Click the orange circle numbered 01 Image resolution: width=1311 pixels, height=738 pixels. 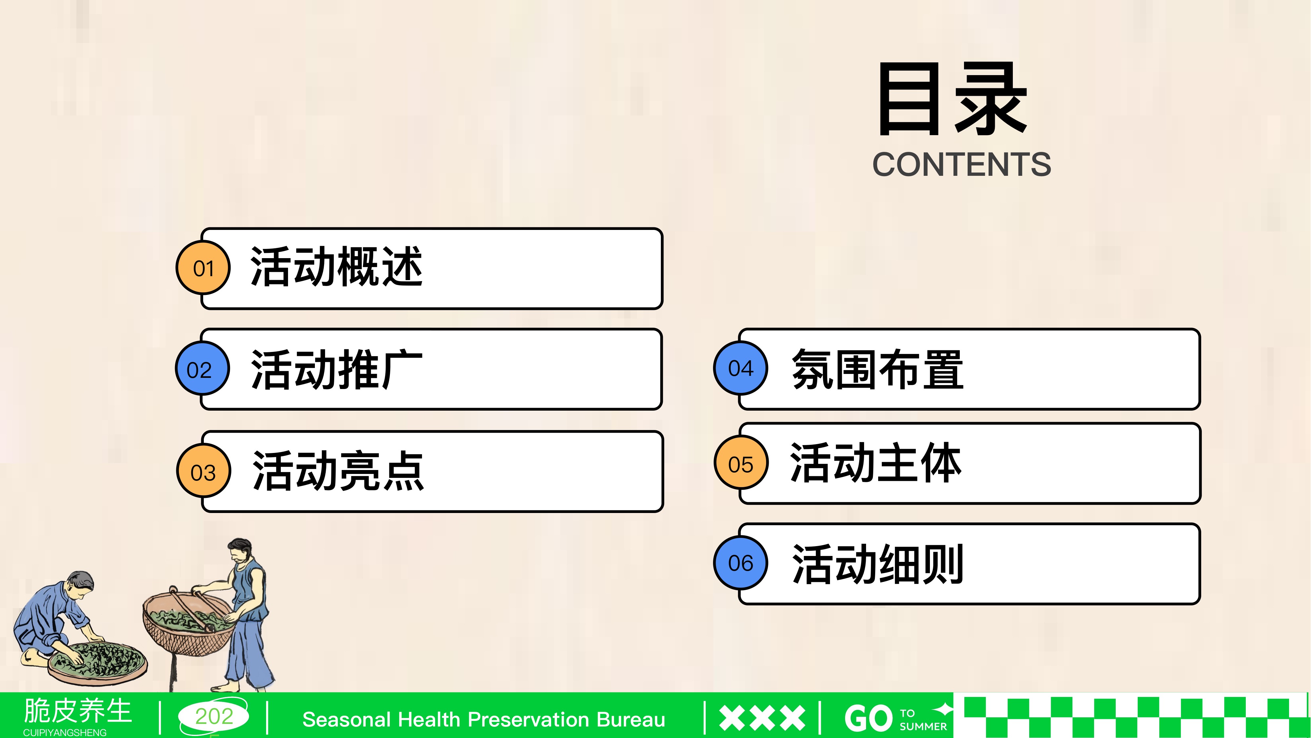click(x=203, y=268)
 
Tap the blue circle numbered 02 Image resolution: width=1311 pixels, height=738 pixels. click(x=202, y=369)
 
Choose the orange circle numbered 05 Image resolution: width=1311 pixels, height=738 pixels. click(x=741, y=463)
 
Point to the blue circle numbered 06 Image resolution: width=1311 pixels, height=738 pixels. click(x=741, y=563)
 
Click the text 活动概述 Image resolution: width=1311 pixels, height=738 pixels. click(x=337, y=266)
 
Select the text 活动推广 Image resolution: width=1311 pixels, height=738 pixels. click(x=337, y=369)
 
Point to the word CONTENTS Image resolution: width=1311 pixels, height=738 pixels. click(x=962, y=165)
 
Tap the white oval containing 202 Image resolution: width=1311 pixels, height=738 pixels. click(x=214, y=716)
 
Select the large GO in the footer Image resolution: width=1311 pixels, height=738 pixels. click(x=869, y=718)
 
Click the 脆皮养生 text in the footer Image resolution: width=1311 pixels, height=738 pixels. click(x=78, y=710)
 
